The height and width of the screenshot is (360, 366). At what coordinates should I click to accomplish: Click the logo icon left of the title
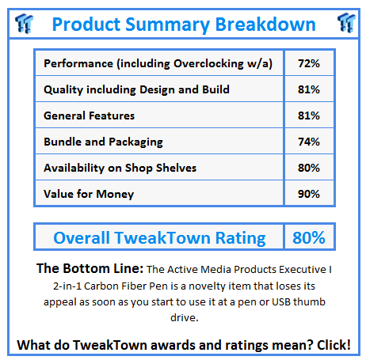(21, 22)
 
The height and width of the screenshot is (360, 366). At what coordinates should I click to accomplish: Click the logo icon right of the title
(345, 22)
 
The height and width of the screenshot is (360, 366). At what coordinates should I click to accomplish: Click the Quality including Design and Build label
(136, 89)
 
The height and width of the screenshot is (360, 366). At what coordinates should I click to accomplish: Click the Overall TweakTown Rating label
(158, 237)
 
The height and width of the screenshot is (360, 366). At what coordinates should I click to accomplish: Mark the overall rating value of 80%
(308, 237)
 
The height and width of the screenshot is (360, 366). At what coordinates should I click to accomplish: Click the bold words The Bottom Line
(85, 270)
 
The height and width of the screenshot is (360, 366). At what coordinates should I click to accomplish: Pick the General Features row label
(90, 116)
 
